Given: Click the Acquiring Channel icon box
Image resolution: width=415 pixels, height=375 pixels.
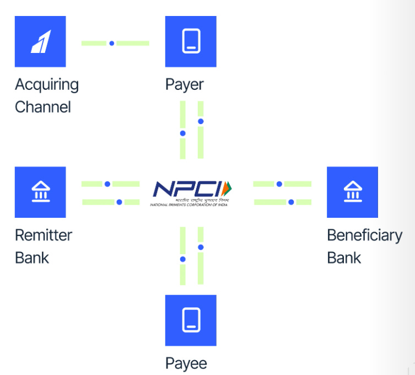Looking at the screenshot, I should [x=40, y=41].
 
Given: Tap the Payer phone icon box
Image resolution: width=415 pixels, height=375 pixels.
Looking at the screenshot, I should [x=191, y=41].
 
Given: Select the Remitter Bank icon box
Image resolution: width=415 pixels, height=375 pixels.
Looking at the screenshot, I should [x=40, y=192].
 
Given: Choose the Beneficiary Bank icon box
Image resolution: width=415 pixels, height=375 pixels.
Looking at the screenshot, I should [x=352, y=192].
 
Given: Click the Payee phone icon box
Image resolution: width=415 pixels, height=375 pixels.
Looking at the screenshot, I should [x=191, y=320].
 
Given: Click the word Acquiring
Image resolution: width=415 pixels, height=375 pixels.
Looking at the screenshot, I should [x=47, y=85].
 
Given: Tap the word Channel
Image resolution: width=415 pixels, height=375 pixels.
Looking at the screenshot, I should [x=43, y=106].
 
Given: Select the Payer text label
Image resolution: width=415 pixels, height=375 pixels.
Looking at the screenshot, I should [x=184, y=85].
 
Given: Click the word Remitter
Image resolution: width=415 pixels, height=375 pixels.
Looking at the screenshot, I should [x=44, y=235].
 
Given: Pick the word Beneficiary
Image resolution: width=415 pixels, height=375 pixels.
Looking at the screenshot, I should [x=364, y=235].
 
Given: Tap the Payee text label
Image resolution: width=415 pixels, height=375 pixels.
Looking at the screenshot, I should [x=186, y=363].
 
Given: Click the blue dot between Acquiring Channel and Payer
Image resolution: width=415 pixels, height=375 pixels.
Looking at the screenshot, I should [x=111, y=43].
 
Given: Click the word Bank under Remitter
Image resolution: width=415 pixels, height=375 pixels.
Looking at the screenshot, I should [x=32, y=258].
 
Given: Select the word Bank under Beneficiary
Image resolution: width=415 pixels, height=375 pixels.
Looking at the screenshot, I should [x=344, y=258].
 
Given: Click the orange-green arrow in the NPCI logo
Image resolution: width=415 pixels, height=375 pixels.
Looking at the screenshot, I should [x=229, y=188].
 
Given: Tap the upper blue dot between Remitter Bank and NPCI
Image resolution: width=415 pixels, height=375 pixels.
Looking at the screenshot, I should [x=107, y=184].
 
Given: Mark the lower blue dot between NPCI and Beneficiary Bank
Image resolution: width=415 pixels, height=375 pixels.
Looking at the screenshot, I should [x=291, y=202].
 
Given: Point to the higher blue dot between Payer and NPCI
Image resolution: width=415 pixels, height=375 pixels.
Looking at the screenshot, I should [x=201, y=121].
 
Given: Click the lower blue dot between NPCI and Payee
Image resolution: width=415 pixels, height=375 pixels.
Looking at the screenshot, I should [x=183, y=259].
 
